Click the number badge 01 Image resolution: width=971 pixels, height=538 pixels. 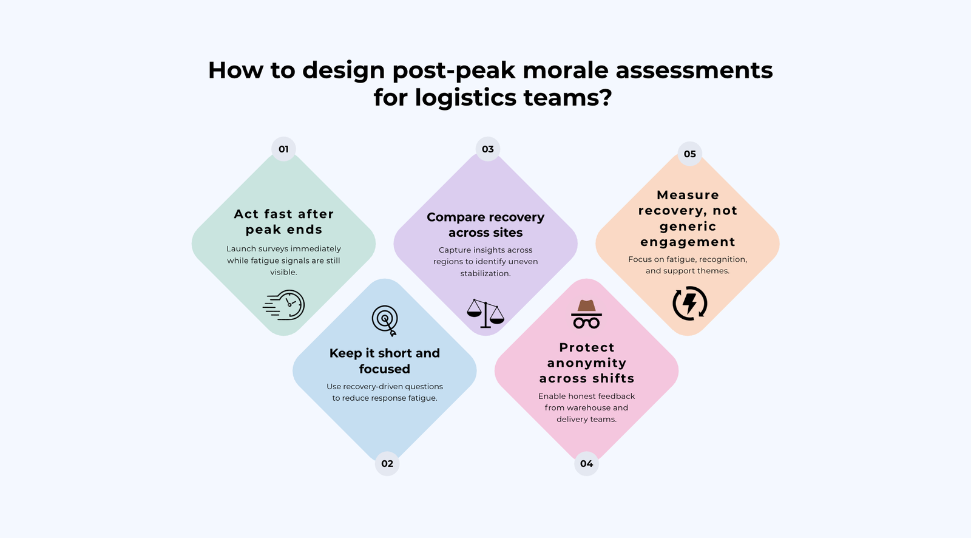click(283, 149)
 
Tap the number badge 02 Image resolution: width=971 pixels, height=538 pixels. click(387, 464)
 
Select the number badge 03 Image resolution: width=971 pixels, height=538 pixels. click(488, 149)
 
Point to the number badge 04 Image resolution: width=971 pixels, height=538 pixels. click(586, 464)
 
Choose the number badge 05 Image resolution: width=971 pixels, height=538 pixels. click(690, 154)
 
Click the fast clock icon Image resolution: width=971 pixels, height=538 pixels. click(285, 305)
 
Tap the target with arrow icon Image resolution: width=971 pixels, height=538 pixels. click(385, 321)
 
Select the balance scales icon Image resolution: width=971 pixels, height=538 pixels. click(486, 313)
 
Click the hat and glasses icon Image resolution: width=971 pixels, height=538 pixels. click(586, 314)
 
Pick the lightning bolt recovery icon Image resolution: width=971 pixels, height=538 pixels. click(690, 303)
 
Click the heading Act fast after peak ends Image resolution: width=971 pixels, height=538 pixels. click(283, 222)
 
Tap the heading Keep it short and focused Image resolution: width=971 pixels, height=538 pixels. click(385, 361)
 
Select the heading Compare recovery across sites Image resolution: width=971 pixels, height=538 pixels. click(486, 225)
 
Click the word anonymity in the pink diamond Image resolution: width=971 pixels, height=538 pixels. click(586, 363)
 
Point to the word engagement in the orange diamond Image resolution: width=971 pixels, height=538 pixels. click(688, 242)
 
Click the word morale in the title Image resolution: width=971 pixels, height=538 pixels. click(567, 70)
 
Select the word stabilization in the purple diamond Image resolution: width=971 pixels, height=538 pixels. click(486, 274)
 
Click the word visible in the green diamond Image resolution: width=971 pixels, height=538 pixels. click(283, 273)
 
